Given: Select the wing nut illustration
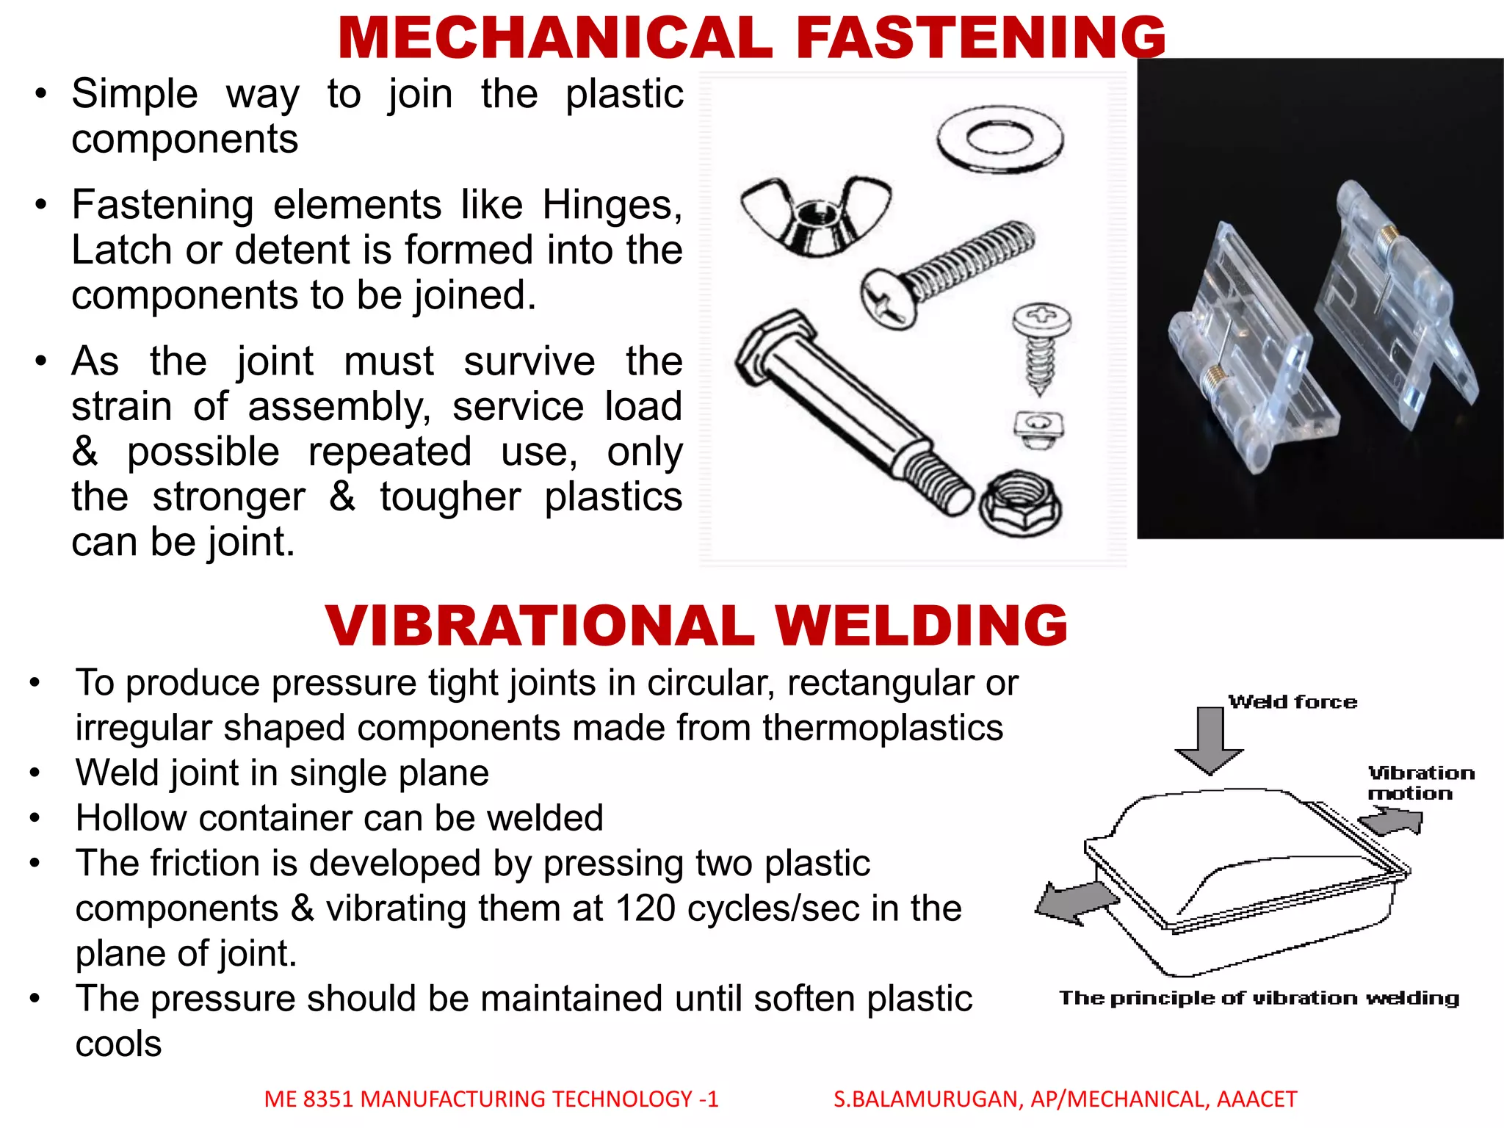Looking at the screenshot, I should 815,217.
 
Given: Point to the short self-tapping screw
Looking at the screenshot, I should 1041,345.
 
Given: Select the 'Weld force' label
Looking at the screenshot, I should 1292,702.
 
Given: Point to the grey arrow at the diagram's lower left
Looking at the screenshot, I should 1074,902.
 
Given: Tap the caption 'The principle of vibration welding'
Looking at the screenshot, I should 1259,998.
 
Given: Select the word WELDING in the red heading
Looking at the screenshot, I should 921,626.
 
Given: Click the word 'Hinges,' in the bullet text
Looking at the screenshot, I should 612,205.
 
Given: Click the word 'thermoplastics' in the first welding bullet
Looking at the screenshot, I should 882,728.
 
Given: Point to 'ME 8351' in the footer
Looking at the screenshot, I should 308,1099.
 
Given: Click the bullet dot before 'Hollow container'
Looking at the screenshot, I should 35,818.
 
